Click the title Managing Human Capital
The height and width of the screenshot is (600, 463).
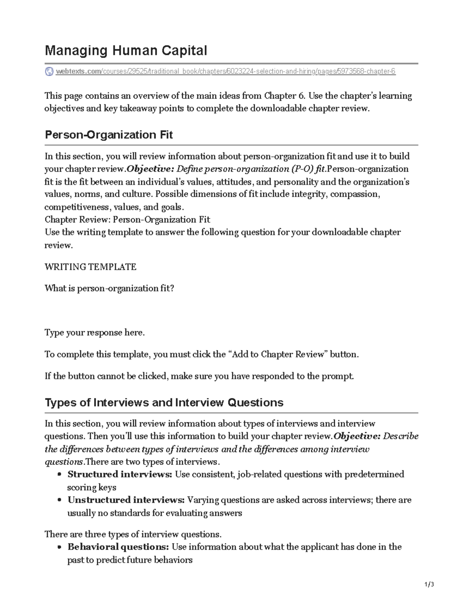click(126, 51)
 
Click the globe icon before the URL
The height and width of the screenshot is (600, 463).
click(49, 71)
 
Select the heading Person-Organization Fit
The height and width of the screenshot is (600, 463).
click(108, 135)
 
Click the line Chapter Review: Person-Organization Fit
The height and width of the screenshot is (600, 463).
click(127, 220)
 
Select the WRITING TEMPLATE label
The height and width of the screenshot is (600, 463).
click(90, 267)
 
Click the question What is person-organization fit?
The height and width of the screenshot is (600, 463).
click(109, 289)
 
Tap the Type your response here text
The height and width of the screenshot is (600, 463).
click(95, 333)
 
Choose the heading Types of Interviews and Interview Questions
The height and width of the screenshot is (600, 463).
click(164, 403)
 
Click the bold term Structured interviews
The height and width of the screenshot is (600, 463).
click(120, 474)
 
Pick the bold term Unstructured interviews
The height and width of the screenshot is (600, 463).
click(126, 500)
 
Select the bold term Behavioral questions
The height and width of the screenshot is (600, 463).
click(118, 547)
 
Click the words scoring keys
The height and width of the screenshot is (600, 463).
click(92, 488)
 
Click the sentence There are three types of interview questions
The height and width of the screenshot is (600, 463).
click(133, 534)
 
